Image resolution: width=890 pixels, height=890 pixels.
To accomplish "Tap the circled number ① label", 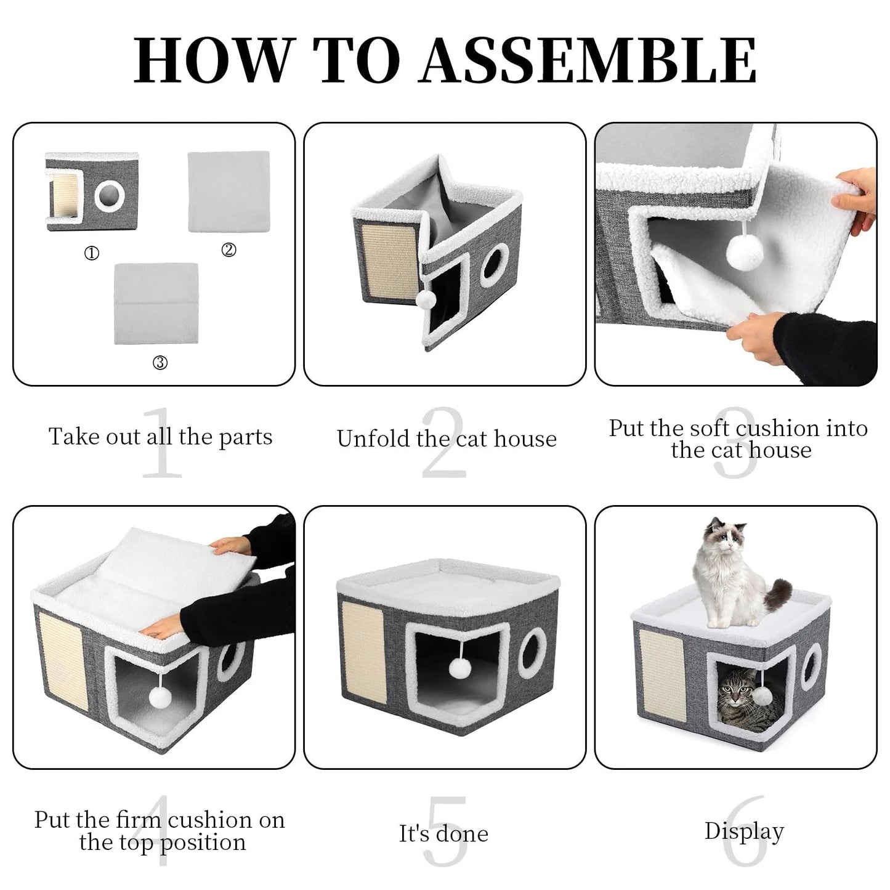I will [x=92, y=253].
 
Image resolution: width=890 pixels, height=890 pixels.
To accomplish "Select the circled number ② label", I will [x=229, y=250].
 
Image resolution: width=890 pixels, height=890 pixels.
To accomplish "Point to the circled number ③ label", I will [x=160, y=363].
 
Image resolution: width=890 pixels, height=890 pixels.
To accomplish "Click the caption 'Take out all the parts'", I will [x=160, y=437].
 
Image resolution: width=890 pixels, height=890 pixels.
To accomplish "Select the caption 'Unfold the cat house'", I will [x=447, y=439].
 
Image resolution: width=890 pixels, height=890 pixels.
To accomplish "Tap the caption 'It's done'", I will [x=443, y=833].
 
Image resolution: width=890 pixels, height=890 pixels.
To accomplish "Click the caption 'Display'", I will [x=744, y=831].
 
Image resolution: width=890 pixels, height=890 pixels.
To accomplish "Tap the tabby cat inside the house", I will [x=742, y=699].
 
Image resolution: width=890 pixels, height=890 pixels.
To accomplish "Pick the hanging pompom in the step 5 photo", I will [x=459, y=667].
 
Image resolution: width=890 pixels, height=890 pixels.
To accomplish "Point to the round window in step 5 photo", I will [x=532, y=653].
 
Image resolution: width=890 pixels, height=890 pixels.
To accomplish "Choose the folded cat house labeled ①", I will [x=92, y=192].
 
